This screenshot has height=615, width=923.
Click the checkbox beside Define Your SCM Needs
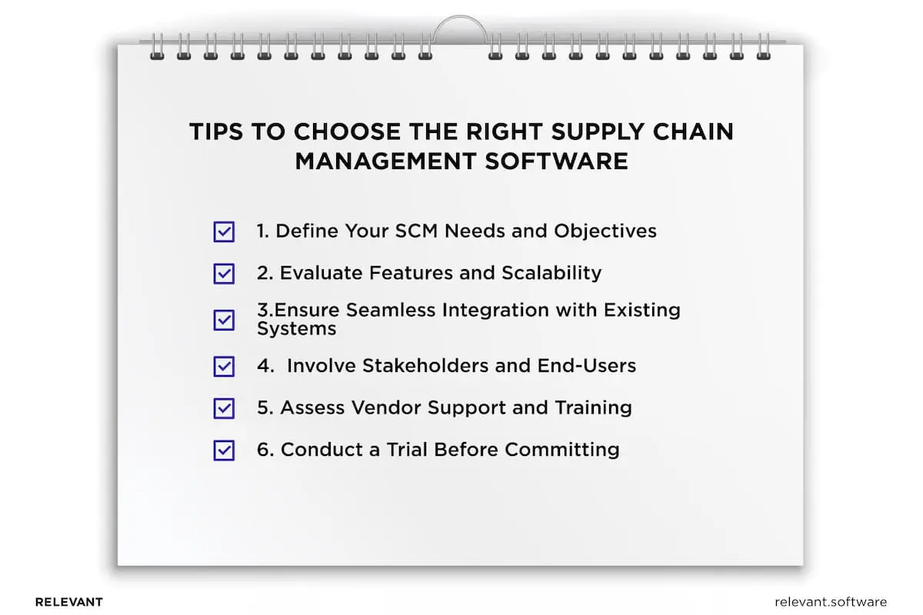point(224,231)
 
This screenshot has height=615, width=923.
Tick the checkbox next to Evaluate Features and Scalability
point(224,273)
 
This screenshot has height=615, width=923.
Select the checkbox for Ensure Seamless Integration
point(224,320)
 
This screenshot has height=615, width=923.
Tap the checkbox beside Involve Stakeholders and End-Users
point(224,366)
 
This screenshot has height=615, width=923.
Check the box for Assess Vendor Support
point(224,408)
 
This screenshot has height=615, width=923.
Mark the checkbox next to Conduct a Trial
point(224,450)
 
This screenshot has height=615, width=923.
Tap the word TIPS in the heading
point(215,132)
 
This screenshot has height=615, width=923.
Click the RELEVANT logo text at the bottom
point(69,602)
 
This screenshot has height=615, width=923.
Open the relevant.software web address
point(831,602)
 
